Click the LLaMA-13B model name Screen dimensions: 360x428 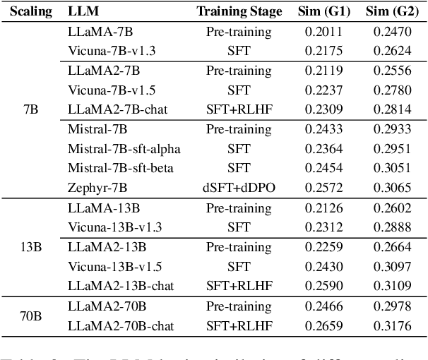point(100,208)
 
